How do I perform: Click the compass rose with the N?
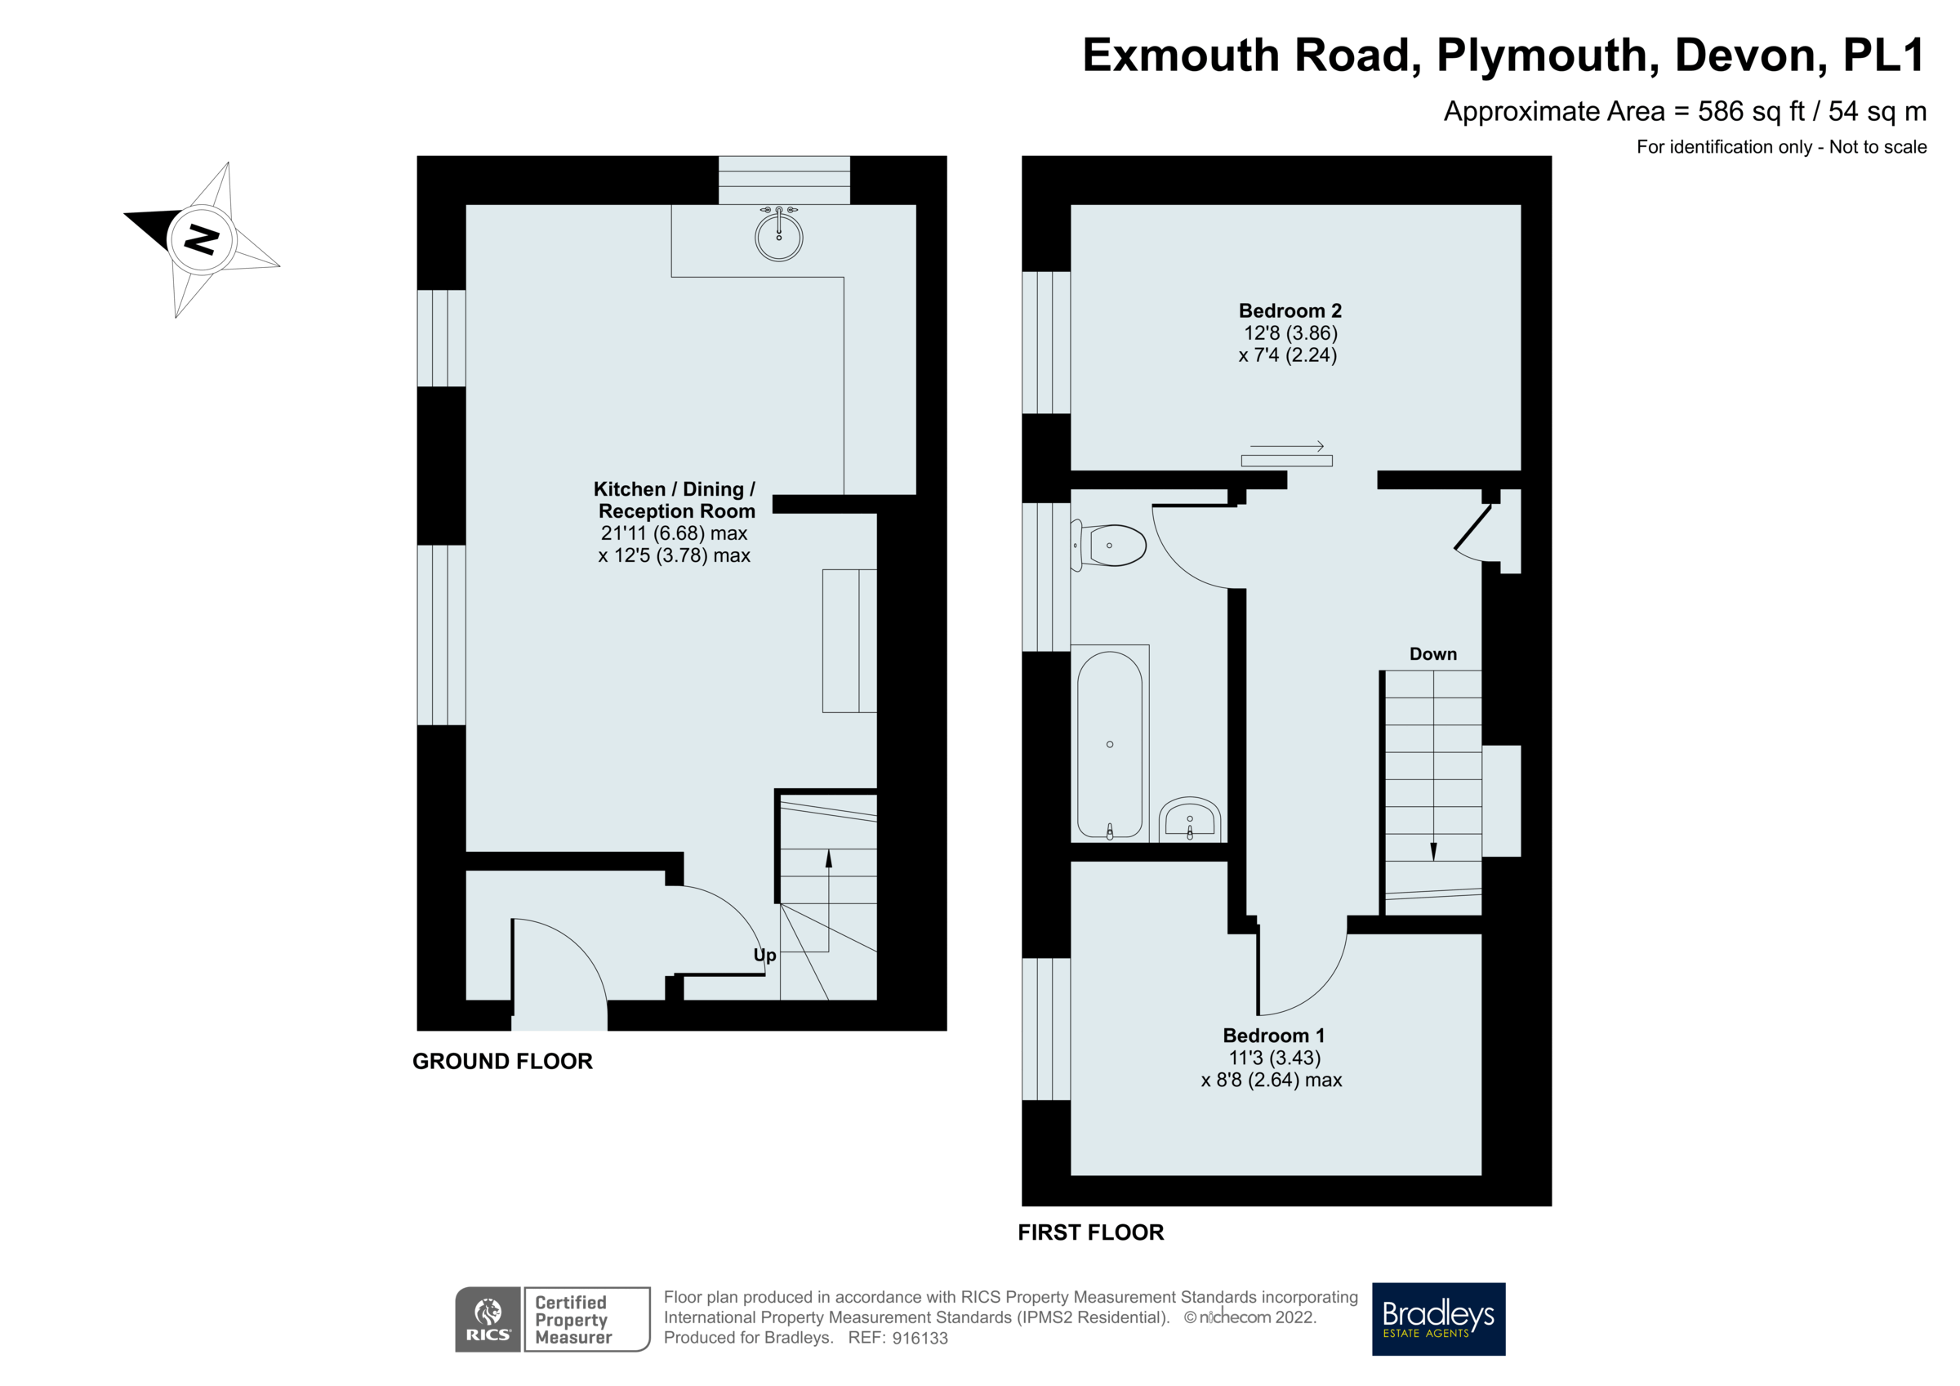(x=202, y=240)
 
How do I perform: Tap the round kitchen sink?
(x=778, y=237)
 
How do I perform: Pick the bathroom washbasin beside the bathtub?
(x=1190, y=820)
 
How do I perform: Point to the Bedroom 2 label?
(x=1290, y=311)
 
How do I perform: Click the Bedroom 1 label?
(x=1274, y=1036)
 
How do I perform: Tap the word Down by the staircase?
(x=1432, y=654)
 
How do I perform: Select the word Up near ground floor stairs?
(x=765, y=955)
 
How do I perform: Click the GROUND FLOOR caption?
(x=502, y=1062)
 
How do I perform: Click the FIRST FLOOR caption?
(x=1090, y=1232)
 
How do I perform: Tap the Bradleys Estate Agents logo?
(x=1437, y=1318)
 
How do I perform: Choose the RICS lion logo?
(x=488, y=1318)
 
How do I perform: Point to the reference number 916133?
(x=920, y=1338)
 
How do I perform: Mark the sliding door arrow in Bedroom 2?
(x=1286, y=447)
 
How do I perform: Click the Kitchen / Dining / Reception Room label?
(x=675, y=501)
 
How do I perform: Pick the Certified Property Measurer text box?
(x=586, y=1318)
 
